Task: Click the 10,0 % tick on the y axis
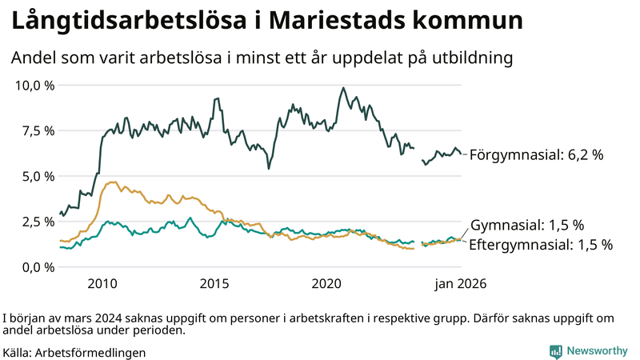tap(33, 85)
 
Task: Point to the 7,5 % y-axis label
tap(36, 130)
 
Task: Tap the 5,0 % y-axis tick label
tap(36, 176)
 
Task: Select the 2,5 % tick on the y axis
tap(36, 222)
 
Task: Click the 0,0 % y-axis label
tap(36, 267)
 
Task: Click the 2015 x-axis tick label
tap(214, 284)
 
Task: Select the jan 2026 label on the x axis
tap(461, 284)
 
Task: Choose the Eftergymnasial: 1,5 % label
tap(541, 244)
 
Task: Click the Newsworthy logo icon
tap(555, 350)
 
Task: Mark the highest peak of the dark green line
tap(343, 88)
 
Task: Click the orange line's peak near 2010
tap(113, 182)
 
